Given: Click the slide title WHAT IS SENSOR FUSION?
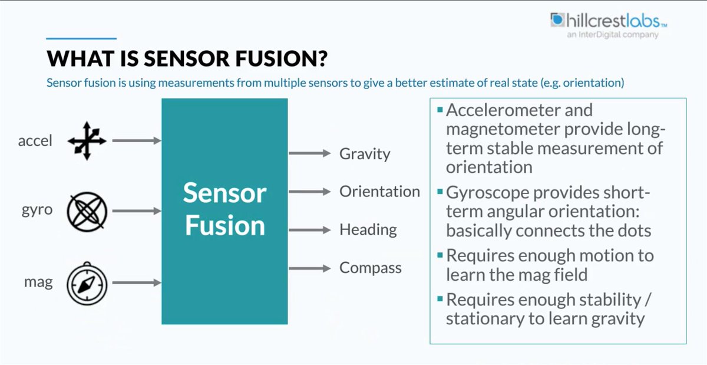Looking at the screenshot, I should point(187,59).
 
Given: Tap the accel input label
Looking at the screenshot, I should point(35,140).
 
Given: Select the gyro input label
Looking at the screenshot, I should point(37,211).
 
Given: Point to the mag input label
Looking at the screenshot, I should point(38,282).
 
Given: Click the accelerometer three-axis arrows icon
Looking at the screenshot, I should point(87,141).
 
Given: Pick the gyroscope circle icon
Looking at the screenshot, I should point(87,211).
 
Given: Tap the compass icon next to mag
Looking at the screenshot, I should point(87,283).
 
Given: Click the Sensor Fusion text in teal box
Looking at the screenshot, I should point(224,209).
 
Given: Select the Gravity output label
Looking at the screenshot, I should point(365,154).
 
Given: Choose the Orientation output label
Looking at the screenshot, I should point(379,192).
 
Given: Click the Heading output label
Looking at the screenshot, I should point(368,229).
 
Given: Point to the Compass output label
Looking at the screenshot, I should point(370,268).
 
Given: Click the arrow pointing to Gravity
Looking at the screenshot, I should point(309,153).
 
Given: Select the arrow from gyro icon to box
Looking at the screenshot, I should point(136,211).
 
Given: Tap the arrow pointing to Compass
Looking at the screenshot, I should point(309,268).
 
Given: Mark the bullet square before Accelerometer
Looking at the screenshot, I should point(439,110).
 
